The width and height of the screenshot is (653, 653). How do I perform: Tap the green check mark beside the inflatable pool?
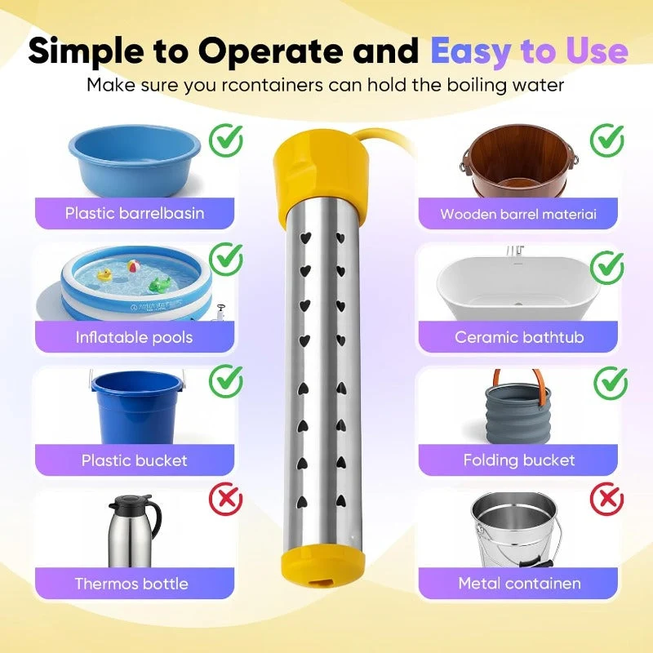[226, 259]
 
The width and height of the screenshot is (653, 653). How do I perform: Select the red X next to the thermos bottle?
[226, 499]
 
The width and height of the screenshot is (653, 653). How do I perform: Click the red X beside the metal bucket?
[607, 499]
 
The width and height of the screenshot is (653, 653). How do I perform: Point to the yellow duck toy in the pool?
[104, 274]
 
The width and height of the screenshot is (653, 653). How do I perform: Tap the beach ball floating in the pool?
[133, 266]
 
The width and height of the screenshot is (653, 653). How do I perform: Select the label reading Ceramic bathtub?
[519, 337]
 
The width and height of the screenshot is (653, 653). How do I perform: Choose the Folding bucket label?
[519, 460]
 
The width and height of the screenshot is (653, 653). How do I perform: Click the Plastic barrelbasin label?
[135, 213]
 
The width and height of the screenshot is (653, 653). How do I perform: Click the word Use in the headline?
[597, 51]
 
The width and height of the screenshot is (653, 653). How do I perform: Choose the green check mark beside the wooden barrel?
[607, 140]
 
